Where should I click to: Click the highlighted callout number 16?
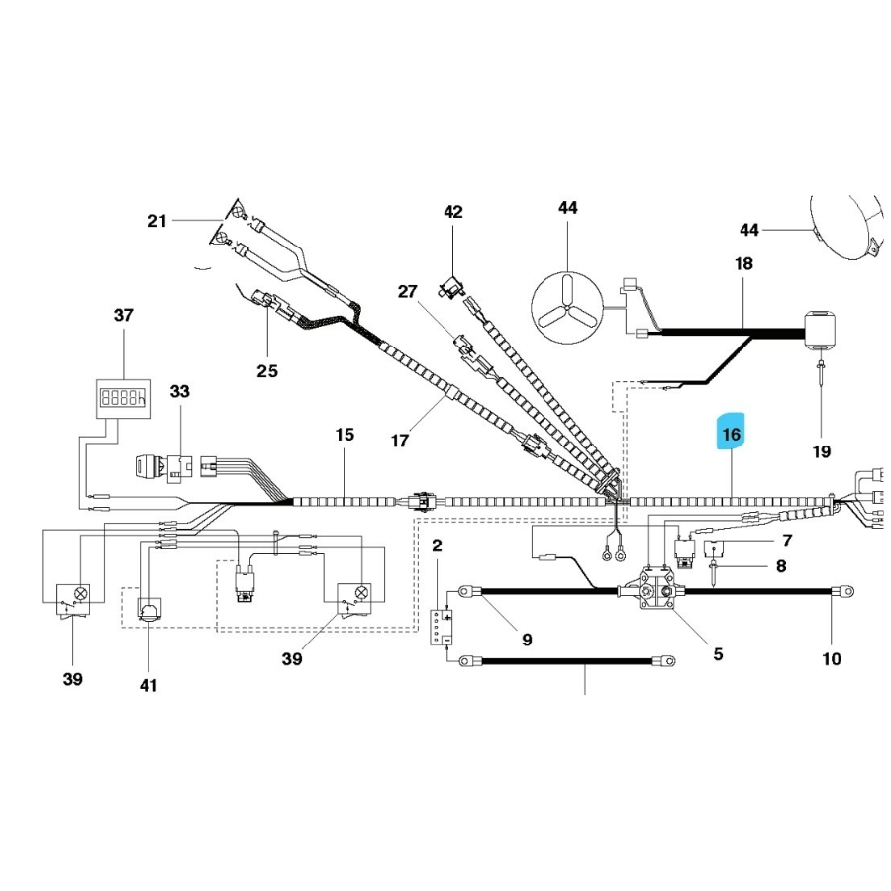(732, 434)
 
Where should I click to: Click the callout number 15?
(344, 435)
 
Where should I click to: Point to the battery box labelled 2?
(440, 626)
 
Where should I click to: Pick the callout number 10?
(832, 658)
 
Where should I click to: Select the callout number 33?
(179, 391)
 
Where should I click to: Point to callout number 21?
(157, 221)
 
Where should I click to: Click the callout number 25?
(267, 371)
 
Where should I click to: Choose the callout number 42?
(452, 212)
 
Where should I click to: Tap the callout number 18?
(743, 264)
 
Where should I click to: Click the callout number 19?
(821, 451)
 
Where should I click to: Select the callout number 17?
(399, 441)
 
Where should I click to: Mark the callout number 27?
(409, 291)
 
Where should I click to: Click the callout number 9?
(526, 640)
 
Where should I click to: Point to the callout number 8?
(780, 567)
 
